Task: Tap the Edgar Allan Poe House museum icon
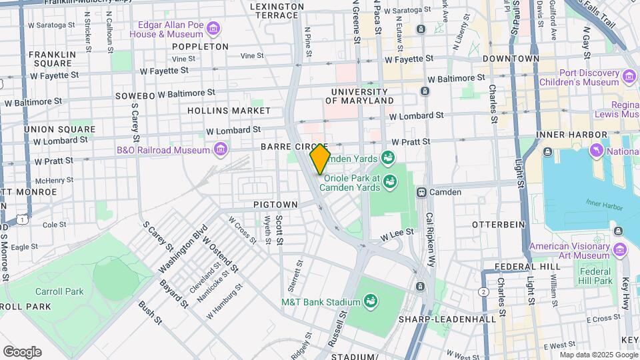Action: pyautogui.click(x=213, y=28)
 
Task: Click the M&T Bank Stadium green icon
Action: pyautogui.click(x=371, y=302)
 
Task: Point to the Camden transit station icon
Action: pyautogui.click(x=421, y=192)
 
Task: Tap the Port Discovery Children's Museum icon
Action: pyautogui.click(x=629, y=77)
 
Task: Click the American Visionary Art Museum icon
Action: pyautogui.click(x=621, y=250)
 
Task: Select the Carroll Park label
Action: pyautogui.click(x=60, y=291)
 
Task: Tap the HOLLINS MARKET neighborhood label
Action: pyautogui.click(x=229, y=111)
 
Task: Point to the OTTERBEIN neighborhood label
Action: pyautogui.click(x=499, y=225)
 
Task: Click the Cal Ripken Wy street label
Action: pyautogui.click(x=430, y=240)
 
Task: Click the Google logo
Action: pyautogui.click(x=22, y=352)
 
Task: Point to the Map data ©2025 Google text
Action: pyautogui.click(x=589, y=355)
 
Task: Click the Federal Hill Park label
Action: pyautogui.click(x=595, y=276)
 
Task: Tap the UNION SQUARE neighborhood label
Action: pyautogui.click(x=59, y=129)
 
